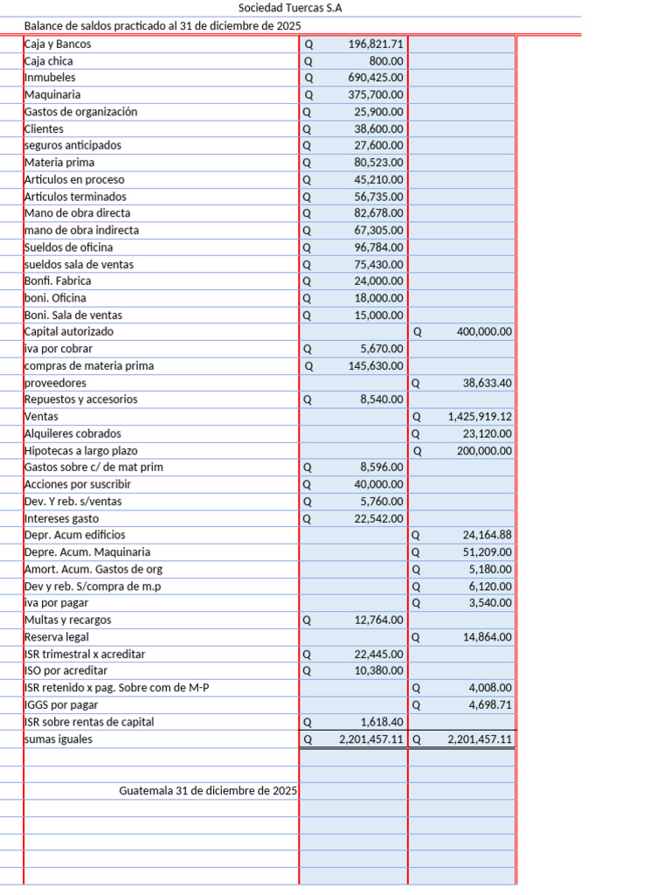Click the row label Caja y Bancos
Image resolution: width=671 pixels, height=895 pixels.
tap(58, 44)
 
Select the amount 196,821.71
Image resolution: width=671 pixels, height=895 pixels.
tap(376, 44)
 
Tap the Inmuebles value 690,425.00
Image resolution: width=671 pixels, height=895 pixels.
tap(376, 78)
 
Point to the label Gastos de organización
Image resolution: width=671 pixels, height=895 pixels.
tap(80, 112)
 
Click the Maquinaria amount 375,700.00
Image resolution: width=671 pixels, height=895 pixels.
tap(376, 94)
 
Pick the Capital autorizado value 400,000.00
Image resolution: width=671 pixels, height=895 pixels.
tap(484, 332)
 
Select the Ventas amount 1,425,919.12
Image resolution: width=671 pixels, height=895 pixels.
tap(480, 417)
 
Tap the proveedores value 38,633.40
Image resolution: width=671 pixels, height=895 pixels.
tap(488, 383)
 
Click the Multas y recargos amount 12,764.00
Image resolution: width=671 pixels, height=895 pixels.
tap(379, 621)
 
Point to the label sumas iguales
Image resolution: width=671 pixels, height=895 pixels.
tap(58, 739)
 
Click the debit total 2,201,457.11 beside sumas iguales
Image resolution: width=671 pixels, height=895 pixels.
tap(371, 739)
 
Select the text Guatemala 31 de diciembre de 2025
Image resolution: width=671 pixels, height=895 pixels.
tap(208, 791)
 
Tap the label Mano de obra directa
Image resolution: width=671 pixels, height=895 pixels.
tap(77, 213)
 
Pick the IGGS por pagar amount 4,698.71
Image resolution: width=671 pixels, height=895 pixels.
tap(490, 705)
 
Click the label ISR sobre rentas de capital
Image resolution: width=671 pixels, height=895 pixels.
tap(89, 722)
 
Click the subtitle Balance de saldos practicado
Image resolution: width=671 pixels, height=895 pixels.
tap(163, 26)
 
